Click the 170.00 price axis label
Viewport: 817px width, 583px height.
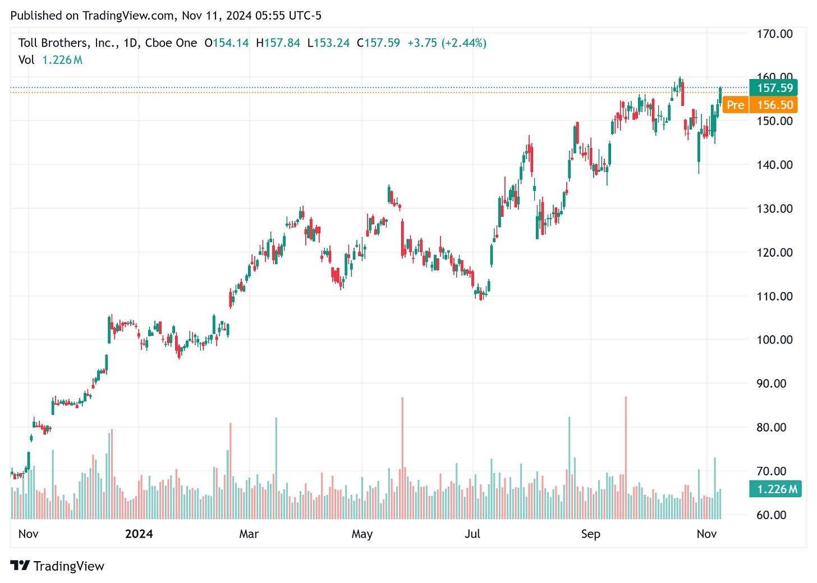click(774, 34)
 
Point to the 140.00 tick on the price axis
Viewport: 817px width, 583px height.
click(774, 165)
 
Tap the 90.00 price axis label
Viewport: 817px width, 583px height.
click(774, 383)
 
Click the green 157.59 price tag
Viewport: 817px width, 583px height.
click(774, 88)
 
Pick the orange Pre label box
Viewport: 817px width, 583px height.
click(735, 105)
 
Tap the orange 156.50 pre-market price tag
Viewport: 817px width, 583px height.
click(775, 105)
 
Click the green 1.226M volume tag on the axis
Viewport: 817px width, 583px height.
click(777, 489)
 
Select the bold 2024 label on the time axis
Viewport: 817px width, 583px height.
click(139, 534)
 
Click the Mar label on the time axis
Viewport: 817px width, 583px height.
click(249, 534)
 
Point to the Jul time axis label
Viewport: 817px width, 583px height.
click(472, 534)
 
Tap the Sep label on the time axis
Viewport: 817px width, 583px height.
click(590, 534)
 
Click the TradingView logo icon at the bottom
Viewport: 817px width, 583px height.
click(20, 566)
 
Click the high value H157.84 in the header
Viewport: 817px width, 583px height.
click(278, 43)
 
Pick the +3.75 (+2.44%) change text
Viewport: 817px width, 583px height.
click(447, 43)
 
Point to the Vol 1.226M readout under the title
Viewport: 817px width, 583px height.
click(51, 60)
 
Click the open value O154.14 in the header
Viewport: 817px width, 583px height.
click(226, 43)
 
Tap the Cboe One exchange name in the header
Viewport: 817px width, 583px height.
click(171, 43)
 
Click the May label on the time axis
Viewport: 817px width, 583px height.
click(362, 534)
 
